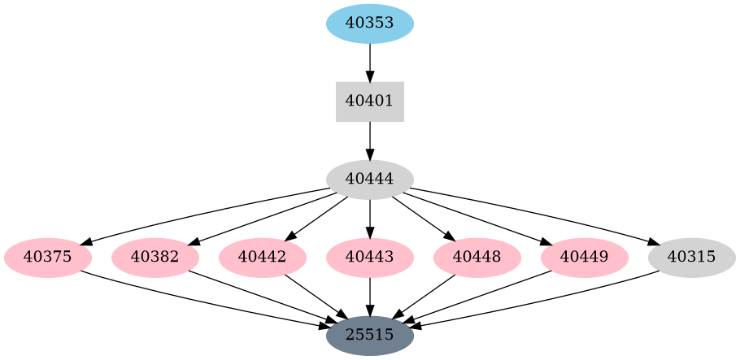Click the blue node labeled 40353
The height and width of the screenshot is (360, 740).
point(370,23)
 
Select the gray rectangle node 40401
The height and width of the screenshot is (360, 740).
point(370,102)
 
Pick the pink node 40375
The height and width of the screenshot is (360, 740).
point(48,258)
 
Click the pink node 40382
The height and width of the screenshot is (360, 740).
point(155,258)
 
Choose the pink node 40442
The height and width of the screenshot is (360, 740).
point(263,258)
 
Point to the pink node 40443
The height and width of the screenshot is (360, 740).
point(370,258)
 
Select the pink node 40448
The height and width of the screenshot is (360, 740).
point(477,258)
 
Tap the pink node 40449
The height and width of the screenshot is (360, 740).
point(585,258)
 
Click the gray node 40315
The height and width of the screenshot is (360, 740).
point(692,258)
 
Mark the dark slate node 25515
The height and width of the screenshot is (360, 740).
point(370,335)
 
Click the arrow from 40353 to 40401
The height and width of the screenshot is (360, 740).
point(370,62)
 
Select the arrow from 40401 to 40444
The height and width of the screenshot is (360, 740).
point(370,141)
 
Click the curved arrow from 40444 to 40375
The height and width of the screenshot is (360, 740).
point(203,213)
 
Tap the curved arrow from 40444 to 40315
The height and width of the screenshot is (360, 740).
point(537,213)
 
